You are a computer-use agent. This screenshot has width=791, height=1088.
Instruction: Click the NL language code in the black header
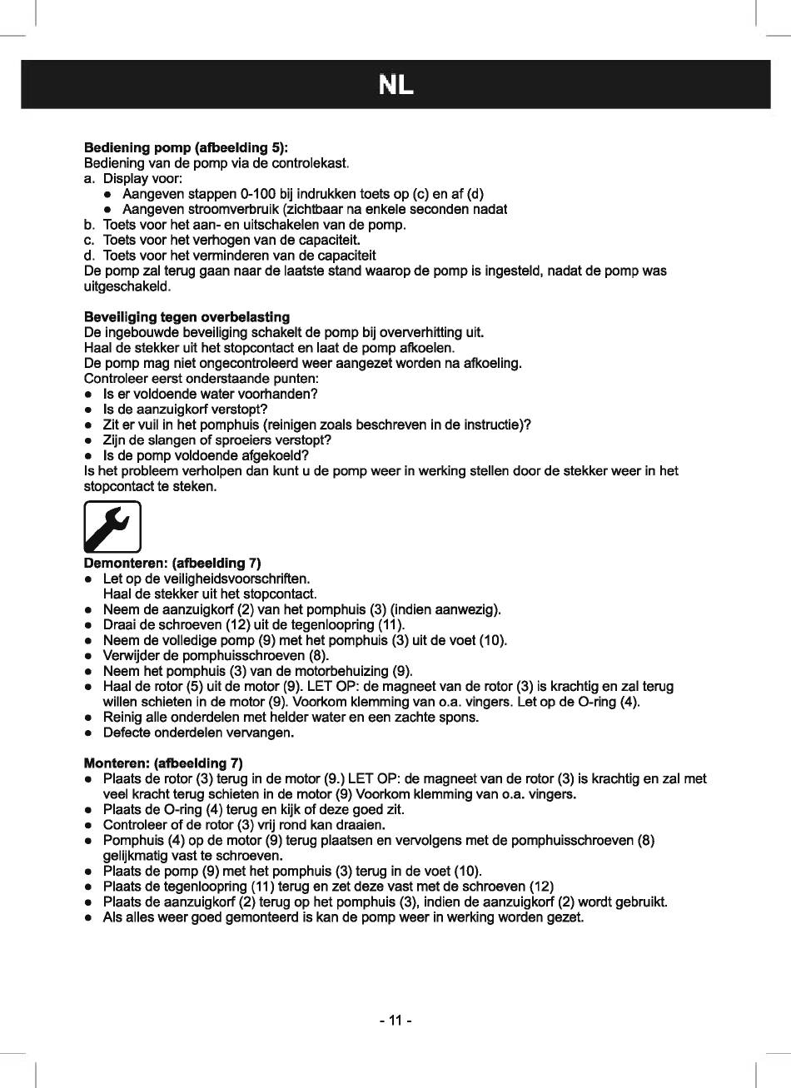(395, 85)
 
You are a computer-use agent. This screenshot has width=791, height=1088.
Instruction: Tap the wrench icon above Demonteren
(112, 527)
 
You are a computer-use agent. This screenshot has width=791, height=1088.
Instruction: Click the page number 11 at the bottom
(395, 1021)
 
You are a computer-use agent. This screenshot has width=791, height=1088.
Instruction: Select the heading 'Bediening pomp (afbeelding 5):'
(186, 147)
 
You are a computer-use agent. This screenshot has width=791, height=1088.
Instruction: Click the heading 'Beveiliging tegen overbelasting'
(187, 317)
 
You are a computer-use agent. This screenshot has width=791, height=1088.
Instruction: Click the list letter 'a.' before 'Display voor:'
(90, 178)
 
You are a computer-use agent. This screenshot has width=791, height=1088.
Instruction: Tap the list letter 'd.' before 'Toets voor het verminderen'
(90, 256)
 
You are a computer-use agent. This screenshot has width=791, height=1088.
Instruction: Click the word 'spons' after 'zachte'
(459, 717)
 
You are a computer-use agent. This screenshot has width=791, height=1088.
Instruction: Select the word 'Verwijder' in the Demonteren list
(132, 655)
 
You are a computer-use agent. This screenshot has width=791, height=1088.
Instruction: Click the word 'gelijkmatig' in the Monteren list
(137, 855)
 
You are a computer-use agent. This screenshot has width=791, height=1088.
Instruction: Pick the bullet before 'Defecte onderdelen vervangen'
(87, 733)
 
